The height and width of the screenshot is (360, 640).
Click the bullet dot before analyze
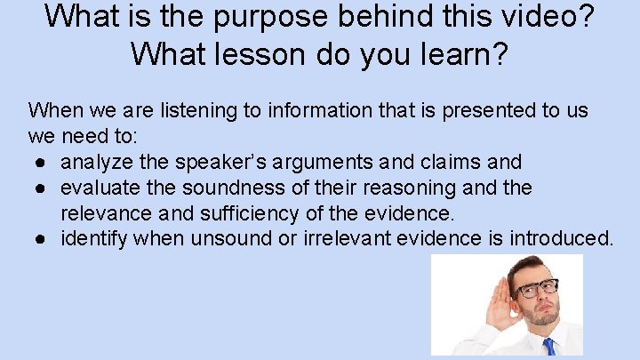click(x=44, y=163)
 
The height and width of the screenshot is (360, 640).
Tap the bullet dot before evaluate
click(x=44, y=188)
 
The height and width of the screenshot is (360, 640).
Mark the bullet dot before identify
click(x=44, y=239)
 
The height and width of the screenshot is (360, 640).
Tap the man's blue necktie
click(x=548, y=347)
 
